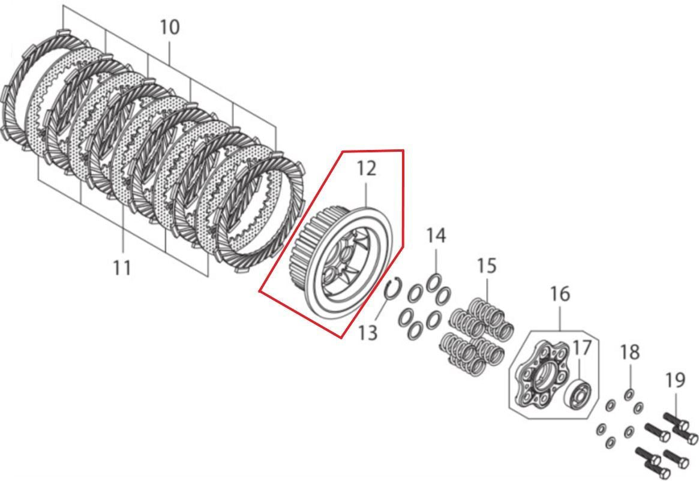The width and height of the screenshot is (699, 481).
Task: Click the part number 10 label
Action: pyautogui.click(x=170, y=27)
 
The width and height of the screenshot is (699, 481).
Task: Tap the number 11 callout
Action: pyautogui.click(x=122, y=267)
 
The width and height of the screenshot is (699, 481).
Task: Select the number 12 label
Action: pyautogui.click(x=366, y=169)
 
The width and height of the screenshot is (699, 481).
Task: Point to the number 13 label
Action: pyautogui.click(x=368, y=332)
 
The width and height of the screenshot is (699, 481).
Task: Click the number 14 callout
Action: pyautogui.click(x=436, y=235)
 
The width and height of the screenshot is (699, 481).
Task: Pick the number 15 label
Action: pyautogui.click(x=487, y=266)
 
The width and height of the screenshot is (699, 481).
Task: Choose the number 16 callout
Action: pyautogui.click(x=560, y=294)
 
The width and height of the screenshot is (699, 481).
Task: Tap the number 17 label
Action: pyautogui.click(x=581, y=347)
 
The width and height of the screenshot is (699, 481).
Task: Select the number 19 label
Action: pyautogui.click(x=675, y=380)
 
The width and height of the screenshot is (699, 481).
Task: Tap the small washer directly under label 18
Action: pyautogui.click(x=629, y=395)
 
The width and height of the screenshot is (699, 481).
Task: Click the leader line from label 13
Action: pyautogui.click(x=382, y=307)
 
